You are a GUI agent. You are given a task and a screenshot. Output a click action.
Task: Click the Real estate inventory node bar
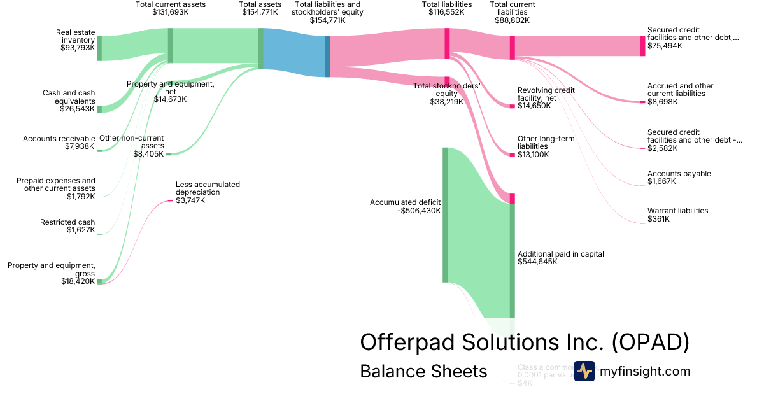99,48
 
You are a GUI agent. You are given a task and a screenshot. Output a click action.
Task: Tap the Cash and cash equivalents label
69,97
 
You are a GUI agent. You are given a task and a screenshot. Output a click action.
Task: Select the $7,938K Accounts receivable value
80,146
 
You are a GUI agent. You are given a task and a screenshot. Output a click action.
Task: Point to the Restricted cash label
67,222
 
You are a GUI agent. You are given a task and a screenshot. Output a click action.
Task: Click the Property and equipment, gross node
99,281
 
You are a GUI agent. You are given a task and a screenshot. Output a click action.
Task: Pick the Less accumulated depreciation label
208,188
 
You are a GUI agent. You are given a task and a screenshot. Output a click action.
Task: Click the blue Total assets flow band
294,52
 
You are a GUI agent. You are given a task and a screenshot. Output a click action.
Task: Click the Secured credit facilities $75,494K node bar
642,46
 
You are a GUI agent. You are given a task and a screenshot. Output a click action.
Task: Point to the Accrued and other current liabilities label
680,90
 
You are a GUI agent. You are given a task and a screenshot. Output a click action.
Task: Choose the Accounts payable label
679,174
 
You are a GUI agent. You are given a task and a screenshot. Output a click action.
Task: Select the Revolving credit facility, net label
546,94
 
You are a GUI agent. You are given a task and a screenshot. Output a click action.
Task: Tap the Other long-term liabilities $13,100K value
533,155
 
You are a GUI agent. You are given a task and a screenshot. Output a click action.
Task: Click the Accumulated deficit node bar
445,215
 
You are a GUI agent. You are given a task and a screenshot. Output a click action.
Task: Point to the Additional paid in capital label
560,253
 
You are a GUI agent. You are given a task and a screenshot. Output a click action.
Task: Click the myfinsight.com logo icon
584,371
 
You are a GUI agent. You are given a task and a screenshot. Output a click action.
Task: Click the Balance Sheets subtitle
423,371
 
